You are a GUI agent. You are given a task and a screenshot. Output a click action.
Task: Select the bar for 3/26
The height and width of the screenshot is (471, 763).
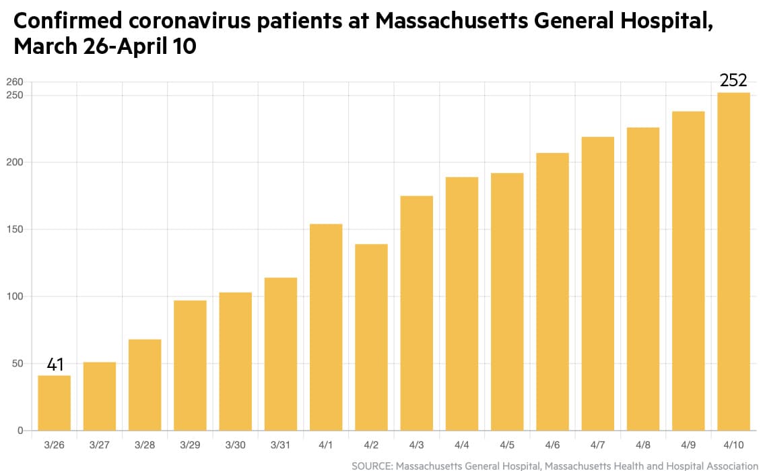pyautogui.click(x=54, y=403)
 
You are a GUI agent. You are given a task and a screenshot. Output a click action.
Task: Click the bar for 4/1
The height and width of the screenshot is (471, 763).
pyautogui.click(x=326, y=327)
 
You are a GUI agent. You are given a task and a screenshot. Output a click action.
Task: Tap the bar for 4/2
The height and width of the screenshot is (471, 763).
pyautogui.click(x=371, y=338)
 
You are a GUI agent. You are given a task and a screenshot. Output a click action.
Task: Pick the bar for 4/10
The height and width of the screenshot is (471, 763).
pyautogui.click(x=733, y=261)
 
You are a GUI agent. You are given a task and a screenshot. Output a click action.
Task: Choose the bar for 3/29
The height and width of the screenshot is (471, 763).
pyautogui.click(x=190, y=365)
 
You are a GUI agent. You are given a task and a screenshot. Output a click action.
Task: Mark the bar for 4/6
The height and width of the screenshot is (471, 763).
pyautogui.click(x=552, y=292)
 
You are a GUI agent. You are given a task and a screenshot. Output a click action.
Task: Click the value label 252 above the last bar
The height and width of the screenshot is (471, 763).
pyautogui.click(x=733, y=81)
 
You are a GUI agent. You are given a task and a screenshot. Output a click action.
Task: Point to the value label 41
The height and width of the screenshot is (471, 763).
pyautogui.click(x=55, y=365)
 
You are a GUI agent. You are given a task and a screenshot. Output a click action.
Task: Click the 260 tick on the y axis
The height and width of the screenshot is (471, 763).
pyautogui.click(x=14, y=82)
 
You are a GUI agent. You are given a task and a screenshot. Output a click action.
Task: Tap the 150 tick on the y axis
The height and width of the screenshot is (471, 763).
pyautogui.click(x=14, y=229)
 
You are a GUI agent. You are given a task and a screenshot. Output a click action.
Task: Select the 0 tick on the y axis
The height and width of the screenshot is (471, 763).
pyautogui.click(x=20, y=431)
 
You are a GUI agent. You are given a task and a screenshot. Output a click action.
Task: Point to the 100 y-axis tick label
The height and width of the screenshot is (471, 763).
pyautogui.click(x=14, y=296)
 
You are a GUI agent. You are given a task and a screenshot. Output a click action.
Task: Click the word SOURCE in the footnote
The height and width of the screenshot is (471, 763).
pyautogui.click(x=372, y=466)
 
